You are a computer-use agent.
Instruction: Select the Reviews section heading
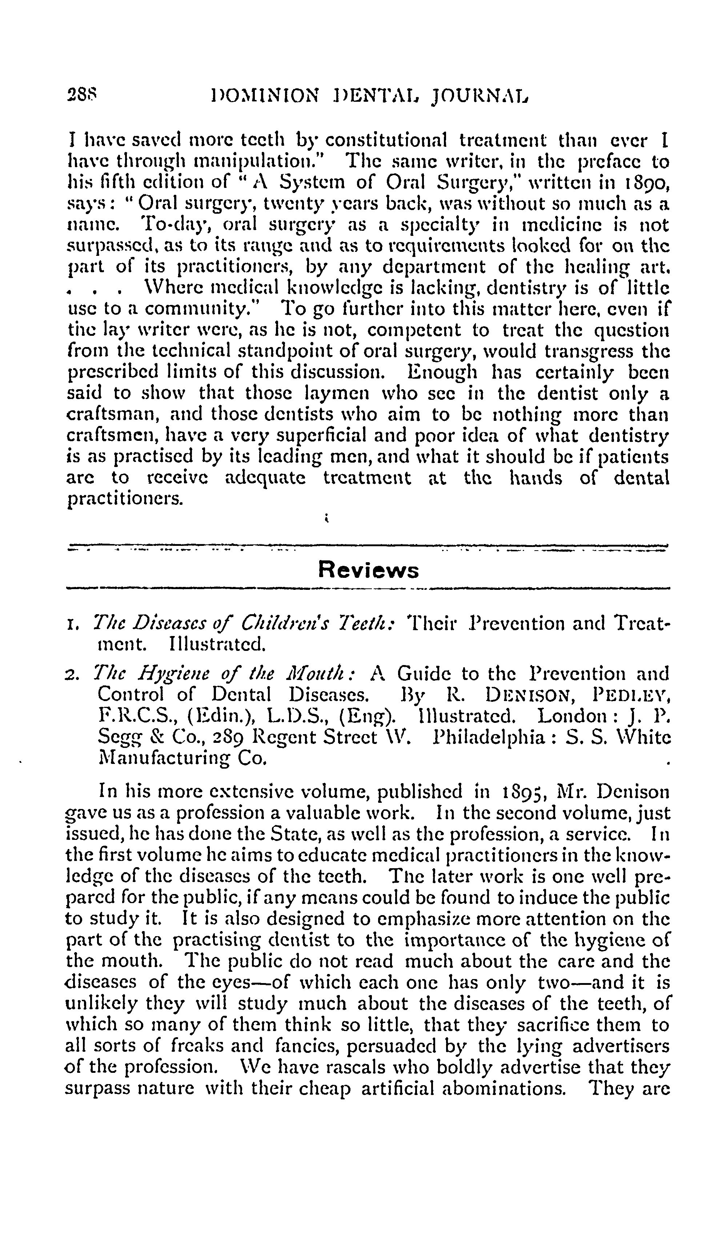point(368,570)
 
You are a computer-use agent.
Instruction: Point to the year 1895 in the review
point(521,792)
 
